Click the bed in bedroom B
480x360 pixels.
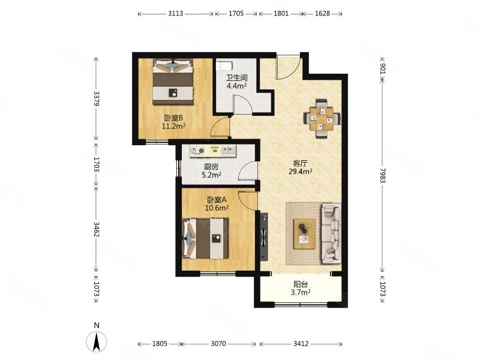173,82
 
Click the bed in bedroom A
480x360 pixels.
205,238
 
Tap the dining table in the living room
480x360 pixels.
322,119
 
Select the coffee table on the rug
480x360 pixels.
304,234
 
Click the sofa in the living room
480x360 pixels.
331,234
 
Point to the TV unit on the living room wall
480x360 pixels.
263,236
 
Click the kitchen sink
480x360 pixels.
229,151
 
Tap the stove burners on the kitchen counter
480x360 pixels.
197,151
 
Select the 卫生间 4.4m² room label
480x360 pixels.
236,82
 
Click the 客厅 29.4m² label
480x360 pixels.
300,167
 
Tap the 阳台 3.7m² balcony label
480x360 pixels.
301,288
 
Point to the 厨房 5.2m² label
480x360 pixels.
211,171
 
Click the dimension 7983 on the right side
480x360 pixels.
382,175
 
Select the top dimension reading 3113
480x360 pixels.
175,13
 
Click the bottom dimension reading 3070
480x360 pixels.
218,344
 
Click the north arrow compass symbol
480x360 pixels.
97,340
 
